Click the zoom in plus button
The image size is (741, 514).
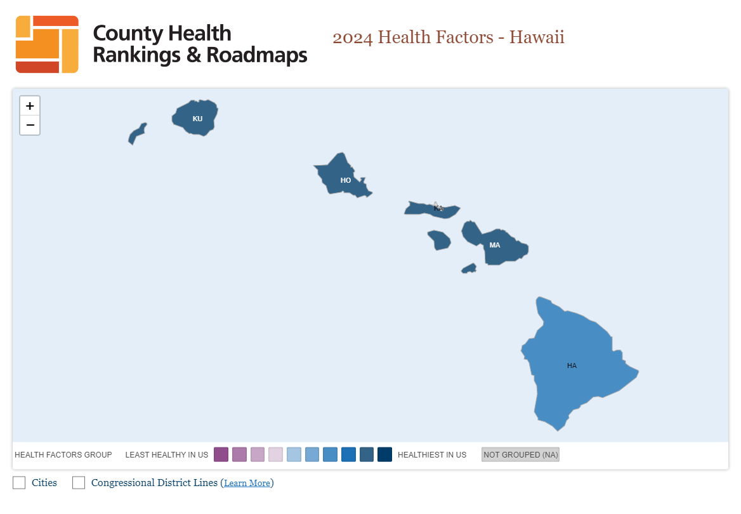click(x=30, y=106)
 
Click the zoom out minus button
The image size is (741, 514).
click(x=30, y=125)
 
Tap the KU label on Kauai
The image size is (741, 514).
click(x=197, y=119)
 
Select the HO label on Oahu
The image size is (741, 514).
click(x=346, y=180)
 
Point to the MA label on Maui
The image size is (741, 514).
click(x=495, y=245)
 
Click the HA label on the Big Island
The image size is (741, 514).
click(x=572, y=366)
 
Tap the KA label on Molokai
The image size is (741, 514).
click(x=438, y=208)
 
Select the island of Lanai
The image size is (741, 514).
click(x=439, y=241)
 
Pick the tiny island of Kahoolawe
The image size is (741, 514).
click(x=469, y=268)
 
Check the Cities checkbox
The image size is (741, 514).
click(x=19, y=483)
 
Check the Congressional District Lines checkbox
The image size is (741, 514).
click(x=79, y=483)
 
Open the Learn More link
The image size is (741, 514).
click(x=247, y=484)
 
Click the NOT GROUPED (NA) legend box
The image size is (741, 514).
click(x=520, y=454)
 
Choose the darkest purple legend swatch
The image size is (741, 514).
click(x=221, y=454)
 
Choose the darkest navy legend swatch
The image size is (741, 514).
click(x=384, y=454)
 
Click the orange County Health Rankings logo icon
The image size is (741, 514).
click(x=47, y=44)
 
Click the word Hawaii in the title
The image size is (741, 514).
click(x=537, y=37)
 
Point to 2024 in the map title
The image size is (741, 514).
click(x=353, y=37)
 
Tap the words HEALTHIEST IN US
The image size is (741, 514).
click(x=432, y=455)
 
